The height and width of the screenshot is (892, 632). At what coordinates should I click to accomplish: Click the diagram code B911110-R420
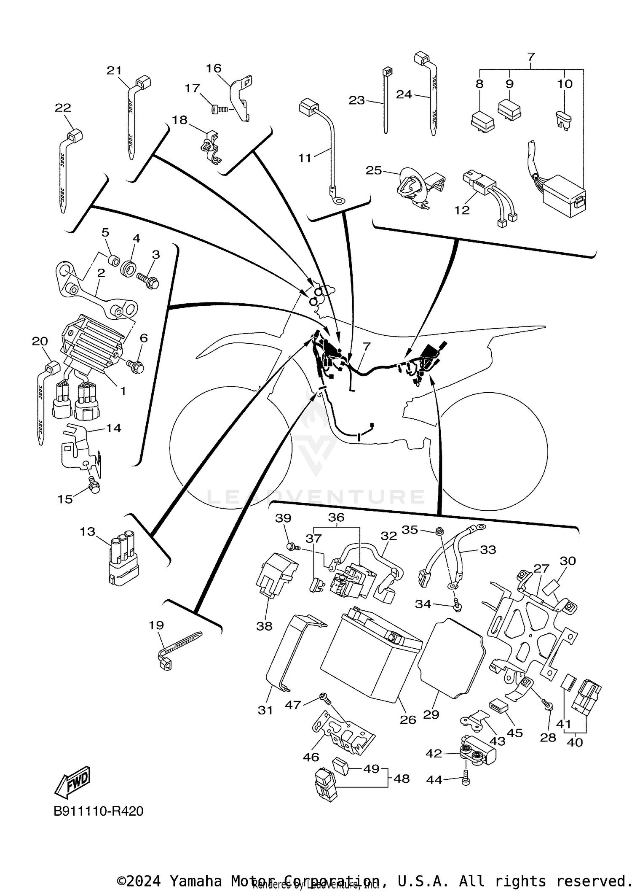click(98, 811)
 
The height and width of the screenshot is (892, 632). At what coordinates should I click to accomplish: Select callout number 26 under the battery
click(407, 720)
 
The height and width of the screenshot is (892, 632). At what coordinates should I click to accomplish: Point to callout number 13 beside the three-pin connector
click(88, 531)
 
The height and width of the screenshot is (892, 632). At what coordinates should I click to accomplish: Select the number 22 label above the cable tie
click(63, 108)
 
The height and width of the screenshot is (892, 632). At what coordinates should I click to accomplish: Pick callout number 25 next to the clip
click(373, 170)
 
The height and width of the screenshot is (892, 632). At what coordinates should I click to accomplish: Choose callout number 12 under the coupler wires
click(462, 210)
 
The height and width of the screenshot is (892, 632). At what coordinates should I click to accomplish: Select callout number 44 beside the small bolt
click(434, 780)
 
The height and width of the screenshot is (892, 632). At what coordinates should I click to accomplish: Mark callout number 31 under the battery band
click(265, 710)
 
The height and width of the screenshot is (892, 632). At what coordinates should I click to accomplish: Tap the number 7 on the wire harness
click(367, 346)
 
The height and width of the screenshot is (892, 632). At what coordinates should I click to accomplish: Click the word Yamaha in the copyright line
click(195, 881)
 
